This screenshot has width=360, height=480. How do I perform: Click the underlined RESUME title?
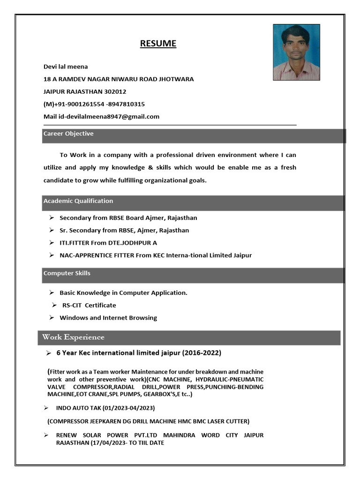click(158, 44)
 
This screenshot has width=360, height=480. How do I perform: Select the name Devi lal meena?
click(66, 67)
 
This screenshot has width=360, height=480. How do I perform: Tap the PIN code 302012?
click(116, 91)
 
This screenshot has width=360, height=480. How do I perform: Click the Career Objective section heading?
click(68, 134)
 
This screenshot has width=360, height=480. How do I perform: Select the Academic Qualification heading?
click(78, 201)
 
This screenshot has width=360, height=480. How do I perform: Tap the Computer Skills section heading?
click(67, 273)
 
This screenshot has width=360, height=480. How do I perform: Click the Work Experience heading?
click(73, 337)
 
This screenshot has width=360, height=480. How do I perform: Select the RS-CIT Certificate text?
click(89, 305)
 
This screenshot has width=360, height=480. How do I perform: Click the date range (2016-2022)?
click(201, 352)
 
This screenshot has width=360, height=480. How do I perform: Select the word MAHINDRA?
click(180, 435)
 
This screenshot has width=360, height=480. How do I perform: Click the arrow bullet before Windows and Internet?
click(52, 318)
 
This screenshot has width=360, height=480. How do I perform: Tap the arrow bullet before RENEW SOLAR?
click(46, 435)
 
